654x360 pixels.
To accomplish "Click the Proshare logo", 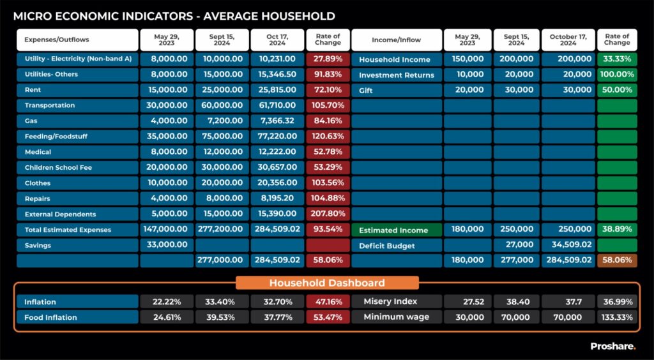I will click(612, 346).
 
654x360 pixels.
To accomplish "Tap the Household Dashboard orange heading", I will click(327, 283).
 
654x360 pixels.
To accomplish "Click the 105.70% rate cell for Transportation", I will click(328, 105).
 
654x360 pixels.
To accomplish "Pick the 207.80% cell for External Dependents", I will click(328, 214).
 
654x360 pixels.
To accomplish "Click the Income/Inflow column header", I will click(396, 40).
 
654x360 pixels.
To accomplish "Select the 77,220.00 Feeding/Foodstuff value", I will click(277, 136).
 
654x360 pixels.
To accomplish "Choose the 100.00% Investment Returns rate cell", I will click(616, 75).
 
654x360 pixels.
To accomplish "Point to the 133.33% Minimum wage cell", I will click(616, 317).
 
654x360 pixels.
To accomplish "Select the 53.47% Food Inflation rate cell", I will click(328, 317).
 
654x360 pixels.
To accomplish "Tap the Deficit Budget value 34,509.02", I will click(568, 245).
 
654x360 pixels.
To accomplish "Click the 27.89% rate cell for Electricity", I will click(328, 59).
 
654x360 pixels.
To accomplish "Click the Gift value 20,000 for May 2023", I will click(467, 90).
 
